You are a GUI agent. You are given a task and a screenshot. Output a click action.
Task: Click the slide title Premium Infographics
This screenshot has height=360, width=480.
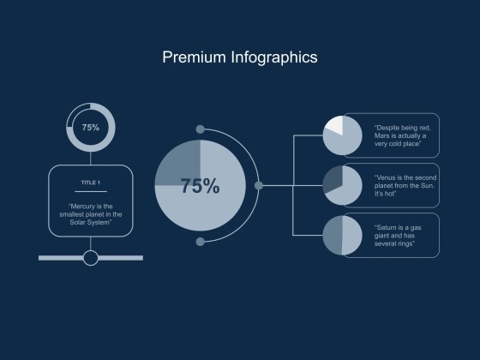tap(240, 57)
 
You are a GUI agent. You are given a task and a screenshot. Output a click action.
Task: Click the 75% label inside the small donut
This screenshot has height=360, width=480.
tap(91, 127)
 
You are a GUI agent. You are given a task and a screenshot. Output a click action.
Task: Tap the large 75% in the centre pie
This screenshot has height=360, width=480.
tap(200, 186)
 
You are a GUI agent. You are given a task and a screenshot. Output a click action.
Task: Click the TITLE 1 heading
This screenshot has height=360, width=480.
tap(90, 183)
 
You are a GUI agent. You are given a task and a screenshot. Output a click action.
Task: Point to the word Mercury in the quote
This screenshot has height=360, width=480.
tap(85, 205)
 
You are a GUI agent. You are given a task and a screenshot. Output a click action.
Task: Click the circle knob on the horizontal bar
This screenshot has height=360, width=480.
tap(91, 257)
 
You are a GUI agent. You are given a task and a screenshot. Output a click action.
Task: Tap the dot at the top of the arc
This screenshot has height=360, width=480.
tap(201, 129)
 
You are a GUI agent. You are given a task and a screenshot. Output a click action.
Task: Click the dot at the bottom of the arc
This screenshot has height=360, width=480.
tap(201, 242)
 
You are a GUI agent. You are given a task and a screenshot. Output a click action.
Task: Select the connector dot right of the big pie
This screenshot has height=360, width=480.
tap(259, 185)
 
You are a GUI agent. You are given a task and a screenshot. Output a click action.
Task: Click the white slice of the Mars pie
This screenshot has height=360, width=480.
tap(333, 126)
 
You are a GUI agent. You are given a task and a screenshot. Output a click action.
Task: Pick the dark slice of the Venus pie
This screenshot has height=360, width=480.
tap(332, 178)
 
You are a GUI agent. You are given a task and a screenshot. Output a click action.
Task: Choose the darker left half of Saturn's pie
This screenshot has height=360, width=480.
tap(333, 236)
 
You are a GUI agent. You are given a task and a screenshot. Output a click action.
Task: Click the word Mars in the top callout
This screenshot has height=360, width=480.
tap(383, 135)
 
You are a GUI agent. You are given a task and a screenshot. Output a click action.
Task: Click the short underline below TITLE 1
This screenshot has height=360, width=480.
tap(90, 192)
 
